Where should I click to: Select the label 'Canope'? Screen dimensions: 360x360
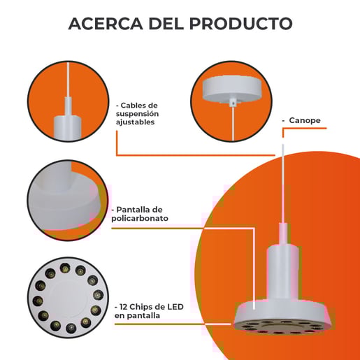point(305,120)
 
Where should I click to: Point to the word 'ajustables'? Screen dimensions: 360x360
point(135,122)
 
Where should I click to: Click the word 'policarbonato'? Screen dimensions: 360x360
point(140,218)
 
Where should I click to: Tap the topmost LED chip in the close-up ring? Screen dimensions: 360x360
point(64,267)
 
